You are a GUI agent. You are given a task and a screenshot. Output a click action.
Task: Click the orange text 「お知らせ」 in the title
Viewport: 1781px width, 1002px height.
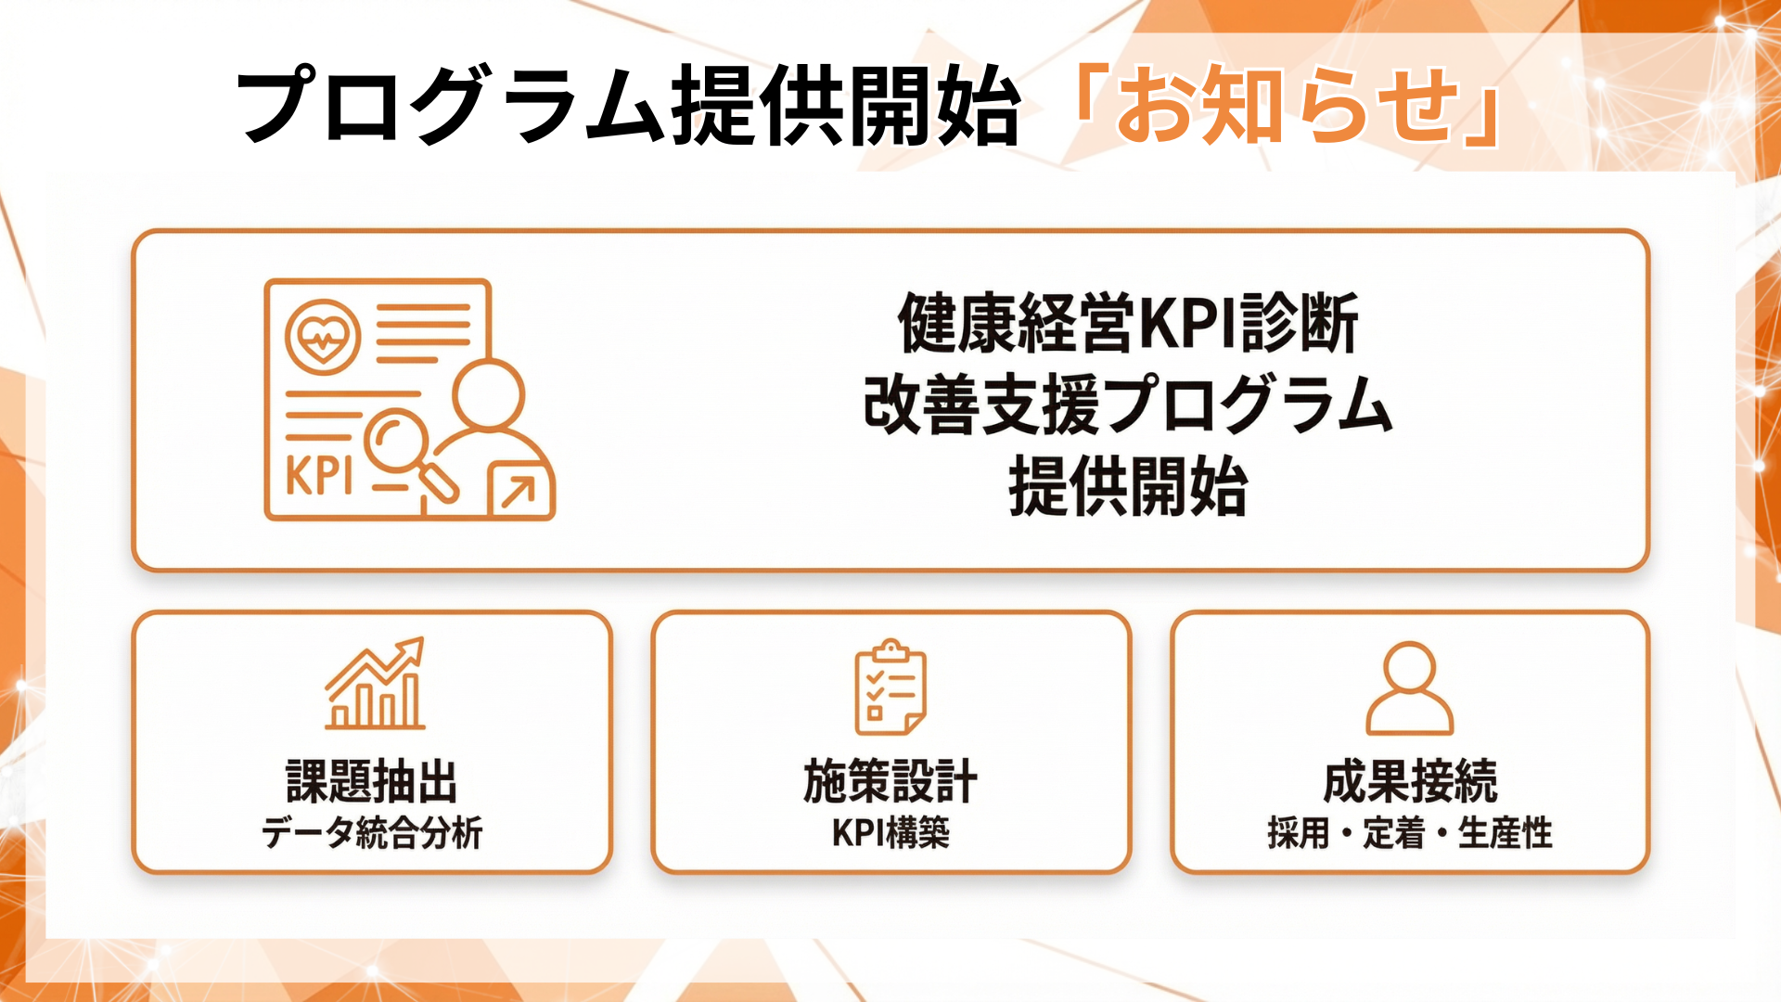click(1285, 105)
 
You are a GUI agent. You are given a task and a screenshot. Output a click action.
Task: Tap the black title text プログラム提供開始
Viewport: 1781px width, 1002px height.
click(629, 105)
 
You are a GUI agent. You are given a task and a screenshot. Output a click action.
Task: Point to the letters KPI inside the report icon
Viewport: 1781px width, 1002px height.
click(319, 476)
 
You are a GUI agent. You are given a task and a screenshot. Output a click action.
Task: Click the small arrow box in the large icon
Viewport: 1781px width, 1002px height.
click(519, 490)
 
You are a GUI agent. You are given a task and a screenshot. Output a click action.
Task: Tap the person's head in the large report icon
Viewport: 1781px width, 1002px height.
click(489, 394)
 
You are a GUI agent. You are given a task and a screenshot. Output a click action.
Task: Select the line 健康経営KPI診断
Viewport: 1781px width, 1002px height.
click(1128, 323)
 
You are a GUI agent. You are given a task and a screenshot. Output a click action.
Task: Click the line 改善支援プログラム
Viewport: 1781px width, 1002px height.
click(1128, 405)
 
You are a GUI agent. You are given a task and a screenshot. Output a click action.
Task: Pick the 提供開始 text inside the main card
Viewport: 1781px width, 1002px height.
click(1128, 486)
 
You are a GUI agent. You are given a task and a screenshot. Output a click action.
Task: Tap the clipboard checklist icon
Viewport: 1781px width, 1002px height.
click(890, 687)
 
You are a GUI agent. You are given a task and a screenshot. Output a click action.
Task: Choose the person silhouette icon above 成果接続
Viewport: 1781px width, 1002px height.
click(1409, 687)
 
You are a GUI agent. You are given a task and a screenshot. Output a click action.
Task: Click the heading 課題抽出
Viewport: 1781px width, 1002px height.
click(372, 781)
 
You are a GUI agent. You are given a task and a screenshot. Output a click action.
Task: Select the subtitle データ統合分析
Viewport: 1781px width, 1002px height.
click(372, 832)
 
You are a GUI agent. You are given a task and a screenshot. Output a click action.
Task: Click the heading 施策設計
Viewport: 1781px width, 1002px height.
click(890, 781)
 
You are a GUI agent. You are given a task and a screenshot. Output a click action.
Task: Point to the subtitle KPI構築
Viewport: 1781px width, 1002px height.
click(890, 832)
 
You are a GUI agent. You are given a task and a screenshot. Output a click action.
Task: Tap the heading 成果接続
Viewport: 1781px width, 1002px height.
click(1410, 781)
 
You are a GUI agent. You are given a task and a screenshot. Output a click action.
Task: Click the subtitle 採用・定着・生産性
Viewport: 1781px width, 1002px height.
click(1410, 832)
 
